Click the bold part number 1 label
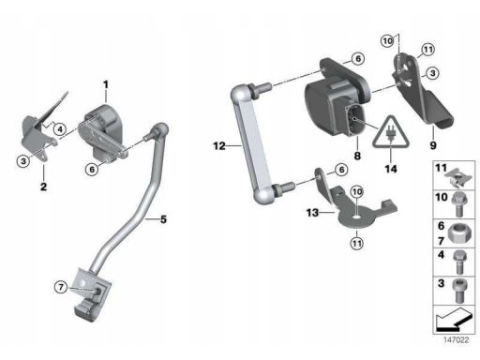106,84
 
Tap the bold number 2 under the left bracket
44,187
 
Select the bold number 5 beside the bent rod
163,219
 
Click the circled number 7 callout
61,287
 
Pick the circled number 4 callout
60,128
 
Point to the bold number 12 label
219,145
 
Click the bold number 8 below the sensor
357,156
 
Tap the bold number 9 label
433,145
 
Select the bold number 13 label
312,213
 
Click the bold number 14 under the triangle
391,169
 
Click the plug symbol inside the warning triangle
390,134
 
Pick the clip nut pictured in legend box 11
458,178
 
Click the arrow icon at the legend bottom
453,321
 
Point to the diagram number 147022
457,340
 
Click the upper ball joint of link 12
240,94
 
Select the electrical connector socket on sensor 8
355,119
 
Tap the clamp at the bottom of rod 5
93,294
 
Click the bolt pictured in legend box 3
458,291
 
